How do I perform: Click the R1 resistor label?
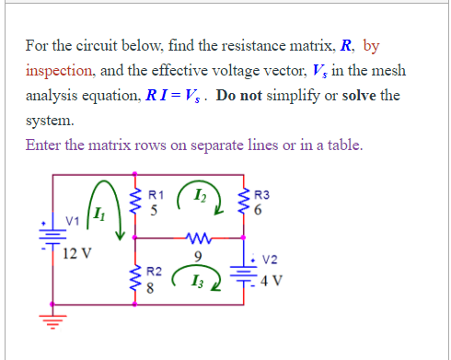click(156, 195)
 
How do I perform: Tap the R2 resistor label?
click(156, 273)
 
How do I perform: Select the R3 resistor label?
click(261, 195)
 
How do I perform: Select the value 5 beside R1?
click(155, 209)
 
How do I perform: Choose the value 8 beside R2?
click(155, 288)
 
